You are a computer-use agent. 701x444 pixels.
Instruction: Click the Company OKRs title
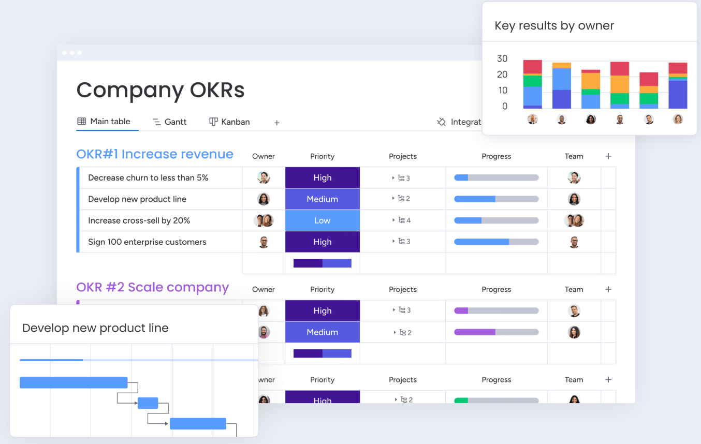160,90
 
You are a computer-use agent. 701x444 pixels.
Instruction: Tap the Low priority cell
322,220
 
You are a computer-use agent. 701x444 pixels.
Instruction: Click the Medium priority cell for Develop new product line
322,199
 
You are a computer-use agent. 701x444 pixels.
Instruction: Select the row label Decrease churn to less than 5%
148,178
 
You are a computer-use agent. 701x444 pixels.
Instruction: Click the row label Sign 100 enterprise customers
147,242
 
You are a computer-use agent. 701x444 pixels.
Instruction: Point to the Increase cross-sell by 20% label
139,220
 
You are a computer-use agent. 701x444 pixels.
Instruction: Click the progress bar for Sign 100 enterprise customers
496,242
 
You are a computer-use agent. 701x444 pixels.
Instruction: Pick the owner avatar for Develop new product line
264,199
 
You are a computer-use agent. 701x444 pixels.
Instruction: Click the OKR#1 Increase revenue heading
155,154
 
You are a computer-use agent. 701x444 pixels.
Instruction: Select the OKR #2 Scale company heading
152,287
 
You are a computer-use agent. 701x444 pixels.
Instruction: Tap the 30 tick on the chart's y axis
502,58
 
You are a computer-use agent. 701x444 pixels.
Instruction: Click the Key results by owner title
554,26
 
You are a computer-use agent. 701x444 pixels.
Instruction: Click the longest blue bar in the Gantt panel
74,382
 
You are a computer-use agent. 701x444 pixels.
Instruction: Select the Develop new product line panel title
95,328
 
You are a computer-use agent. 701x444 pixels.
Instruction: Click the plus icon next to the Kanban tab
277,123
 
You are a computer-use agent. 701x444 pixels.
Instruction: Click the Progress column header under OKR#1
496,156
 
